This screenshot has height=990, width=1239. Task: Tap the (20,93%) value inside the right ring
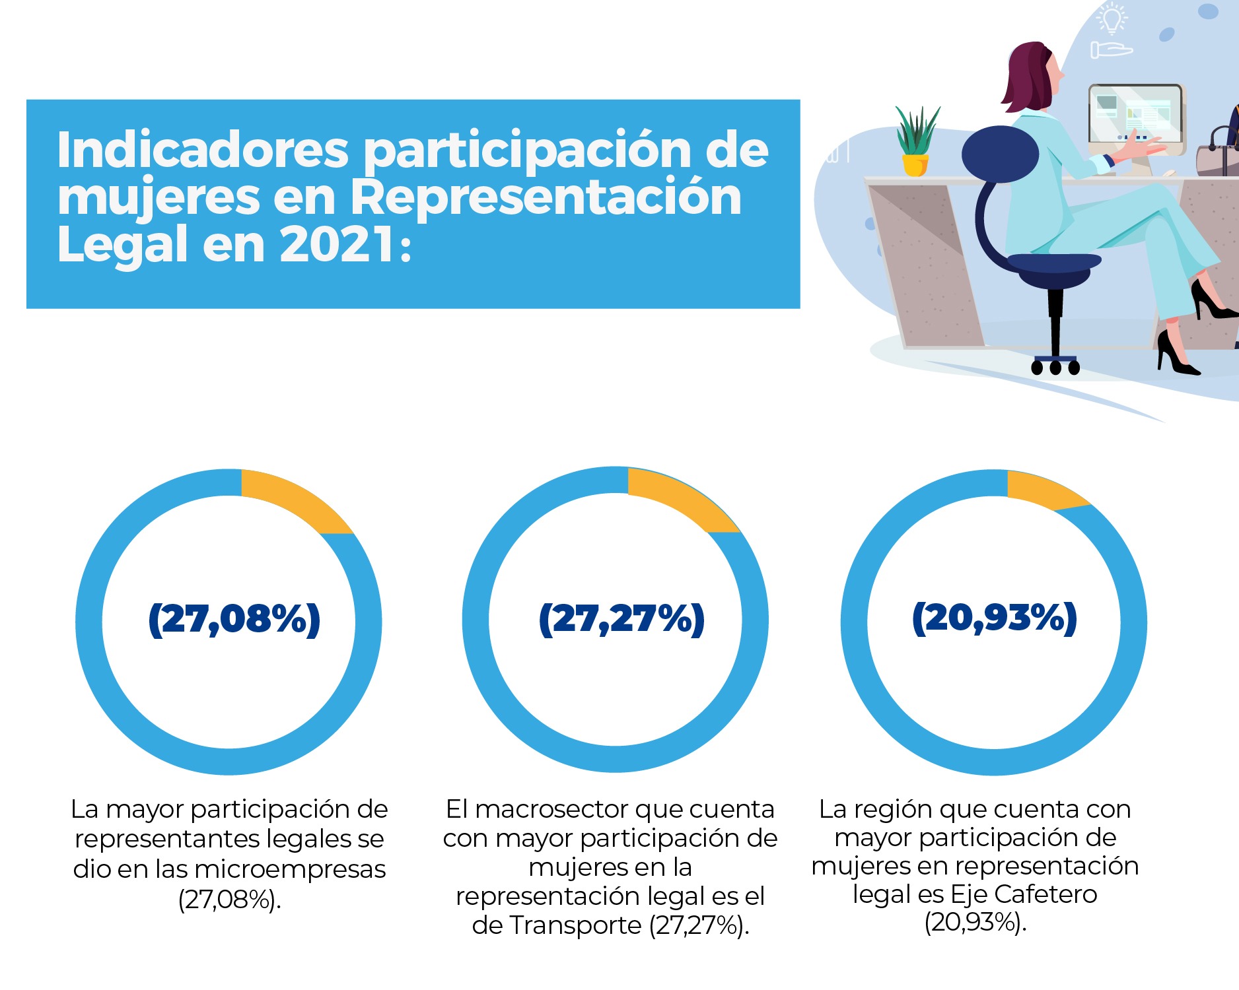(x=994, y=618)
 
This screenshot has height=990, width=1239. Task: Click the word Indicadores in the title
(x=202, y=150)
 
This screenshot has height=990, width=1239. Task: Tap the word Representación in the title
(x=546, y=197)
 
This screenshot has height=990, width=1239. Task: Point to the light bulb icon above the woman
(x=1112, y=18)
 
